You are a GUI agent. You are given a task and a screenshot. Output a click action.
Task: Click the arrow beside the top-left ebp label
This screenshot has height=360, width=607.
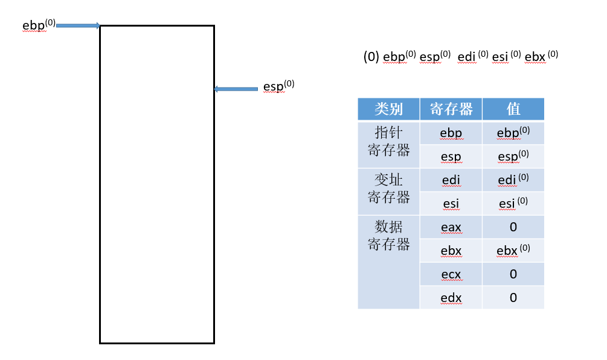pyautogui.click(x=78, y=26)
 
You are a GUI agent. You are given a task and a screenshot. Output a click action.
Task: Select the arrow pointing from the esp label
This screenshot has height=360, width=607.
pyautogui.click(x=236, y=89)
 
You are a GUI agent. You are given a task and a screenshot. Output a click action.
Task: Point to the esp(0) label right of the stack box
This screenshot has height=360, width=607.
pyautogui.click(x=278, y=86)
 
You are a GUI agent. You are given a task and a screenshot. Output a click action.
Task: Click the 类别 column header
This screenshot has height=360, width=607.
pyautogui.click(x=388, y=109)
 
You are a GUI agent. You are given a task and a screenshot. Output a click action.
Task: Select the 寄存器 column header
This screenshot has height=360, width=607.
pyautogui.click(x=451, y=109)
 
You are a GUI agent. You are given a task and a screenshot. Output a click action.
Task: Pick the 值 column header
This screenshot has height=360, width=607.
pyautogui.click(x=513, y=109)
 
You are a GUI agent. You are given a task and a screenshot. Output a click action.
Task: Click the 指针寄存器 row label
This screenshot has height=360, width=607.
pyautogui.click(x=388, y=141)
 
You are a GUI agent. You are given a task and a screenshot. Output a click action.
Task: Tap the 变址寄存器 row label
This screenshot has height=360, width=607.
pyautogui.click(x=388, y=188)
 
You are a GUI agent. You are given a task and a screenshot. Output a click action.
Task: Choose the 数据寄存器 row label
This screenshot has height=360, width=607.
pyautogui.click(x=388, y=236)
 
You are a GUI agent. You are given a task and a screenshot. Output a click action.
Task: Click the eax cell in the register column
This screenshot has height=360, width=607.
pyautogui.click(x=451, y=227)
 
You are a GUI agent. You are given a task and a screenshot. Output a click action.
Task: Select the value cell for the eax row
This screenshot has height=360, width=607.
pyautogui.click(x=513, y=227)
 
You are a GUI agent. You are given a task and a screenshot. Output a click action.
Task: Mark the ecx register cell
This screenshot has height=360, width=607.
pyautogui.click(x=451, y=274)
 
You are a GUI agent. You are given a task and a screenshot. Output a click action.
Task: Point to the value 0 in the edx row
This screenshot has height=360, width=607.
pyautogui.click(x=513, y=298)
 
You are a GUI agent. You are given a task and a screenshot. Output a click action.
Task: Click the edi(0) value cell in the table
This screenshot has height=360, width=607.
pyautogui.click(x=513, y=180)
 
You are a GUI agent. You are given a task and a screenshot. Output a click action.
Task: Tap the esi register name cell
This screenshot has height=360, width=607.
pyautogui.click(x=451, y=204)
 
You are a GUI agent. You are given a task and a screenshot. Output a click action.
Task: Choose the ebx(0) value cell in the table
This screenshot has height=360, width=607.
pyautogui.click(x=513, y=251)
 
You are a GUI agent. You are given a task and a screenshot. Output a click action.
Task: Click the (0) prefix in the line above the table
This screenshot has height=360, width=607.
pyautogui.click(x=371, y=57)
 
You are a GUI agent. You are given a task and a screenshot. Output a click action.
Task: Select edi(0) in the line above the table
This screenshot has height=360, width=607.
pyautogui.click(x=472, y=57)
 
